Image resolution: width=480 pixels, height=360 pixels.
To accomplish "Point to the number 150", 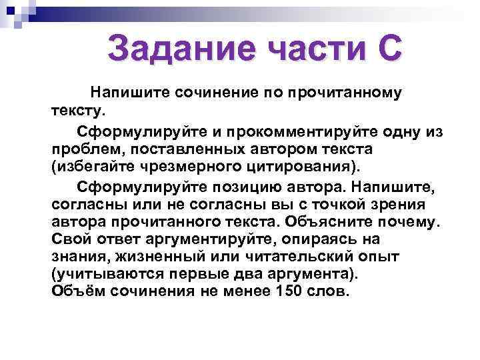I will (x=289, y=291).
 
